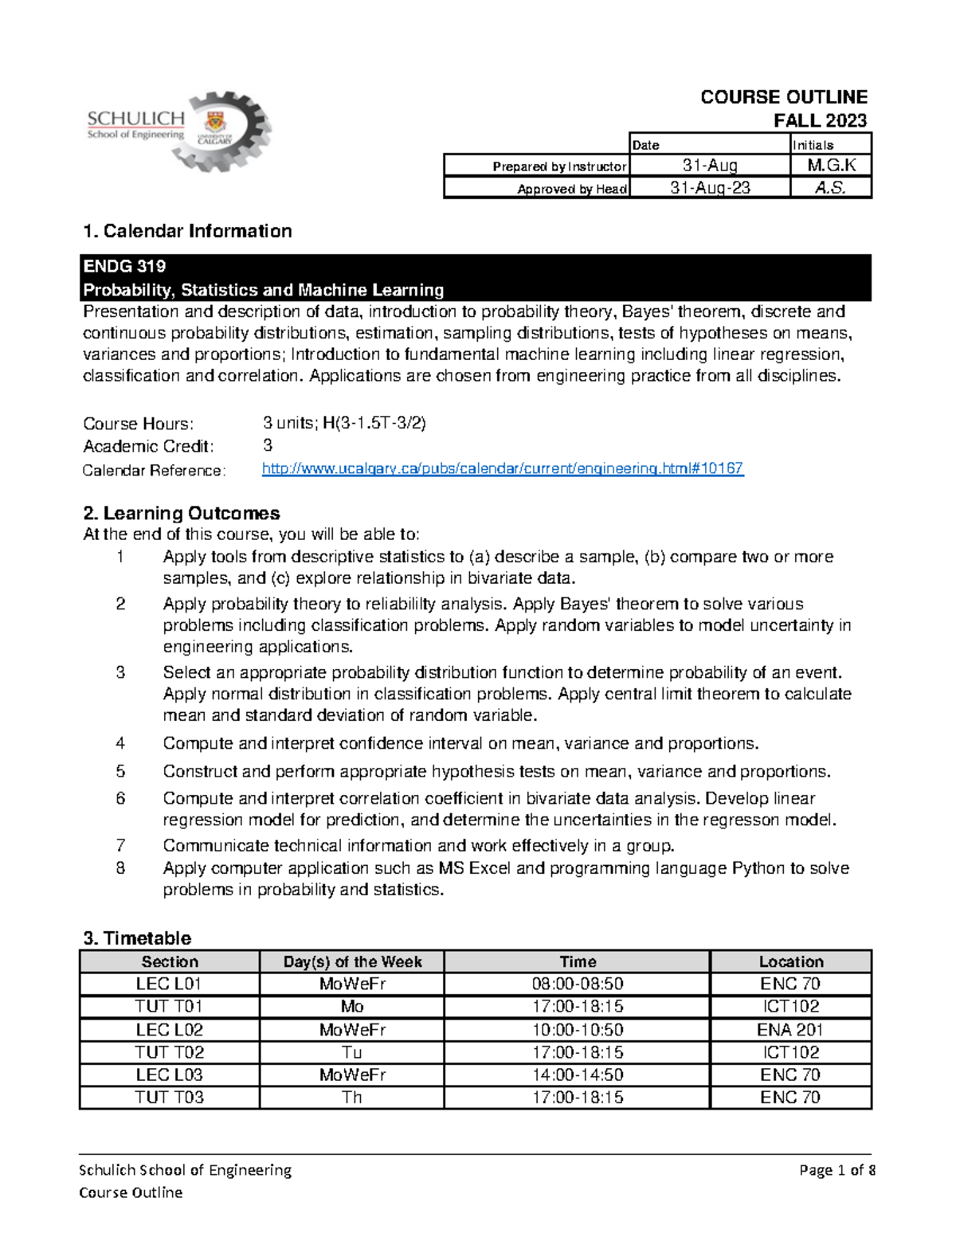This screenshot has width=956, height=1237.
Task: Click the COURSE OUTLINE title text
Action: coord(783,97)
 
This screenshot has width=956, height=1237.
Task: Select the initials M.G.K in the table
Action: coord(831,165)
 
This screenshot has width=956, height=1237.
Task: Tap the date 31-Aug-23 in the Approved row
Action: coord(709,187)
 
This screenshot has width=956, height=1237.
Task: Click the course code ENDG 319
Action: coord(124,266)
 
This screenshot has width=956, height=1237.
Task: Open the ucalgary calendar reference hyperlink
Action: coord(502,468)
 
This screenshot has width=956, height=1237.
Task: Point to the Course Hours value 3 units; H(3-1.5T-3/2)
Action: coord(344,423)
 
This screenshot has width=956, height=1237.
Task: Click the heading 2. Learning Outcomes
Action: coord(181,513)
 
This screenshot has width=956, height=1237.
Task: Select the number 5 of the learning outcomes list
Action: coord(120,771)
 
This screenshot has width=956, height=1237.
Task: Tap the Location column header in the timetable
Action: coord(790,961)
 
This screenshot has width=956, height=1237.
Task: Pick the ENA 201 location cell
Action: coord(789,1030)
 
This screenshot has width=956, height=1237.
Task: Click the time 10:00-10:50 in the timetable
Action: coord(577,1030)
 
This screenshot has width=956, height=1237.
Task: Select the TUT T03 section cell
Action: coord(169,1098)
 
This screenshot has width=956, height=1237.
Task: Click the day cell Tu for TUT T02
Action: coord(351,1052)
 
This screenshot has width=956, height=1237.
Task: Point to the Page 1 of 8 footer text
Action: coord(836,1170)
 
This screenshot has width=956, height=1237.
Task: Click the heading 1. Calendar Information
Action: coord(187,231)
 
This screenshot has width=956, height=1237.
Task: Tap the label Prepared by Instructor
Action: coord(558,166)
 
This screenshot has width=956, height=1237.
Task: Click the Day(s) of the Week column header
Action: coord(351,961)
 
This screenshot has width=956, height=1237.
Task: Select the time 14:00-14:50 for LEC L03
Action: coord(577,1075)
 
